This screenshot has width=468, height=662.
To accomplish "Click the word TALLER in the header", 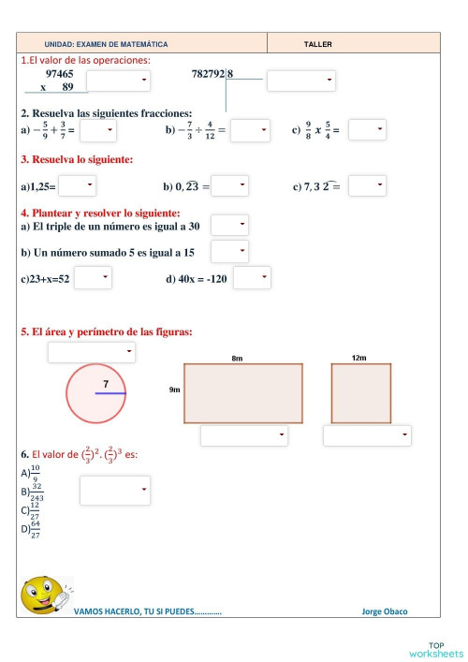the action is tap(318, 44).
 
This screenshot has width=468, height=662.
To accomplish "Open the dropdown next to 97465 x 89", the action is tap(119, 81).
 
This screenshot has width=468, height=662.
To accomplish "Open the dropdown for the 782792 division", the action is tap(301, 81).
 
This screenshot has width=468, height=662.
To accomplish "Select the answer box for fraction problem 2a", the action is tap(97, 130).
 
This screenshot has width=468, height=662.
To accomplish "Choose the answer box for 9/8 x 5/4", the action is tap(367, 130).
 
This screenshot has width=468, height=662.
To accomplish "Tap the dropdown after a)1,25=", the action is tap(77, 186).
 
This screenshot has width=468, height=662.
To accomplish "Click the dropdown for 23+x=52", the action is tap(93, 277).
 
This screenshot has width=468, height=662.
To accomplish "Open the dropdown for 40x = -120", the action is tap(251, 277).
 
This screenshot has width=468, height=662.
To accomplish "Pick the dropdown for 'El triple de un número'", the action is tap(229, 225).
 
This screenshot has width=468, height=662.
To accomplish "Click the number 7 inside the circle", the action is tap(107, 384).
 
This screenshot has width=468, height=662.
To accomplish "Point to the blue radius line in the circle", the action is tap(110, 394).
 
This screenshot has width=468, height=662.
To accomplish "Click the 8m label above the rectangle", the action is tap(237, 359).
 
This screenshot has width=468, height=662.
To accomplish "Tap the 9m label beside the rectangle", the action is tap(175, 390).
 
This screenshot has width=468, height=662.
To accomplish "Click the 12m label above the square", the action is tap(359, 359).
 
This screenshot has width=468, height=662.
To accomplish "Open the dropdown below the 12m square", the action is tap(367, 435).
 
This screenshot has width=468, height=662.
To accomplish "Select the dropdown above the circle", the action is tap(92, 352).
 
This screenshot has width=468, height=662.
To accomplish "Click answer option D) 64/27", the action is tap(32, 531).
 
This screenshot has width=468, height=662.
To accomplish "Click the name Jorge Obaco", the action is tap(384, 612).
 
